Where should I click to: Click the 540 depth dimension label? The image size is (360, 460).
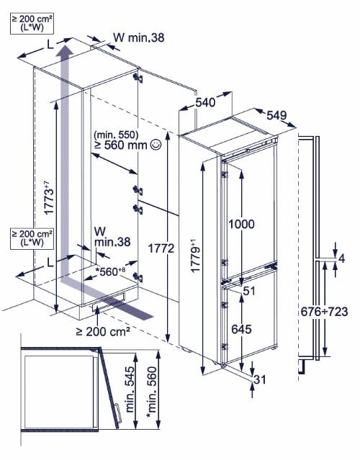coord(205,102)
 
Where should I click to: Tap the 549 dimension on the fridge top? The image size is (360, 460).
coord(276,115)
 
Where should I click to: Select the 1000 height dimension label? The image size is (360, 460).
coord(241,224)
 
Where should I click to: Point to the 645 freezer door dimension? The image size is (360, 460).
coord(241,329)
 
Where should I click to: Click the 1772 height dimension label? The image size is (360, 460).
coord(161,248)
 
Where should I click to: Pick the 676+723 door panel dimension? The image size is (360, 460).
coord(324,312)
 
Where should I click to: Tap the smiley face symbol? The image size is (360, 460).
coord(156,145)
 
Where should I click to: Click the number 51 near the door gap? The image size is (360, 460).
coord(249,291)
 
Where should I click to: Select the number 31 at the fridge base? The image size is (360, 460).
coord(260,379)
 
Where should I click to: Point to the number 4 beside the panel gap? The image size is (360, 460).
coord(341,258)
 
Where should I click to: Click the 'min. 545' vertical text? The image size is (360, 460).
coord(130,389)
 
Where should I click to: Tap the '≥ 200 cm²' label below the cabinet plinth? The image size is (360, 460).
coord(103,331)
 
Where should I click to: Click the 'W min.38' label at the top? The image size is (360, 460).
coord(139,37)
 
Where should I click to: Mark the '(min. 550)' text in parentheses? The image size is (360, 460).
coord(116,135)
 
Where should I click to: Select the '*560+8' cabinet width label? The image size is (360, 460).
coord(111,271)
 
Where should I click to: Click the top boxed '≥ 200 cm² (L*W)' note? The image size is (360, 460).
coord(32,24)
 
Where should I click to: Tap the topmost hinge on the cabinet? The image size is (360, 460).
coord(138,77)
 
